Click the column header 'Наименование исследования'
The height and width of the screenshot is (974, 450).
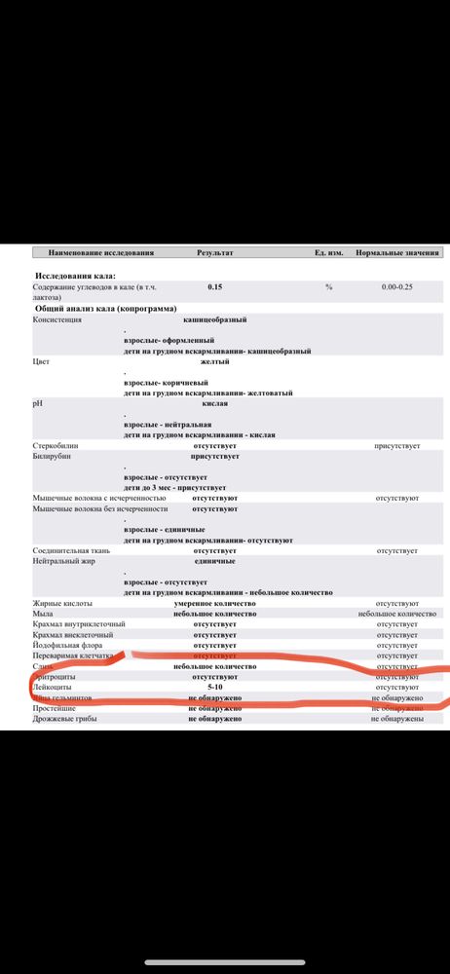point(101,253)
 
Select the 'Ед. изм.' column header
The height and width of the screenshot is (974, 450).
point(326,253)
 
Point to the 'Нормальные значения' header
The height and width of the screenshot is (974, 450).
point(395,253)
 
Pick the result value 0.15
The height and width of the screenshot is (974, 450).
point(214,287)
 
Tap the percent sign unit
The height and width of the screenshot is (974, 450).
point(329,287)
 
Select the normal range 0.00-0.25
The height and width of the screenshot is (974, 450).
point(396,287)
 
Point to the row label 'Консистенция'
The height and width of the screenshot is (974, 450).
point(57,318)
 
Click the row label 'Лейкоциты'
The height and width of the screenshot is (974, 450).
point(55,688)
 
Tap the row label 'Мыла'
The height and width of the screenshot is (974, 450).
point(45,614)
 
